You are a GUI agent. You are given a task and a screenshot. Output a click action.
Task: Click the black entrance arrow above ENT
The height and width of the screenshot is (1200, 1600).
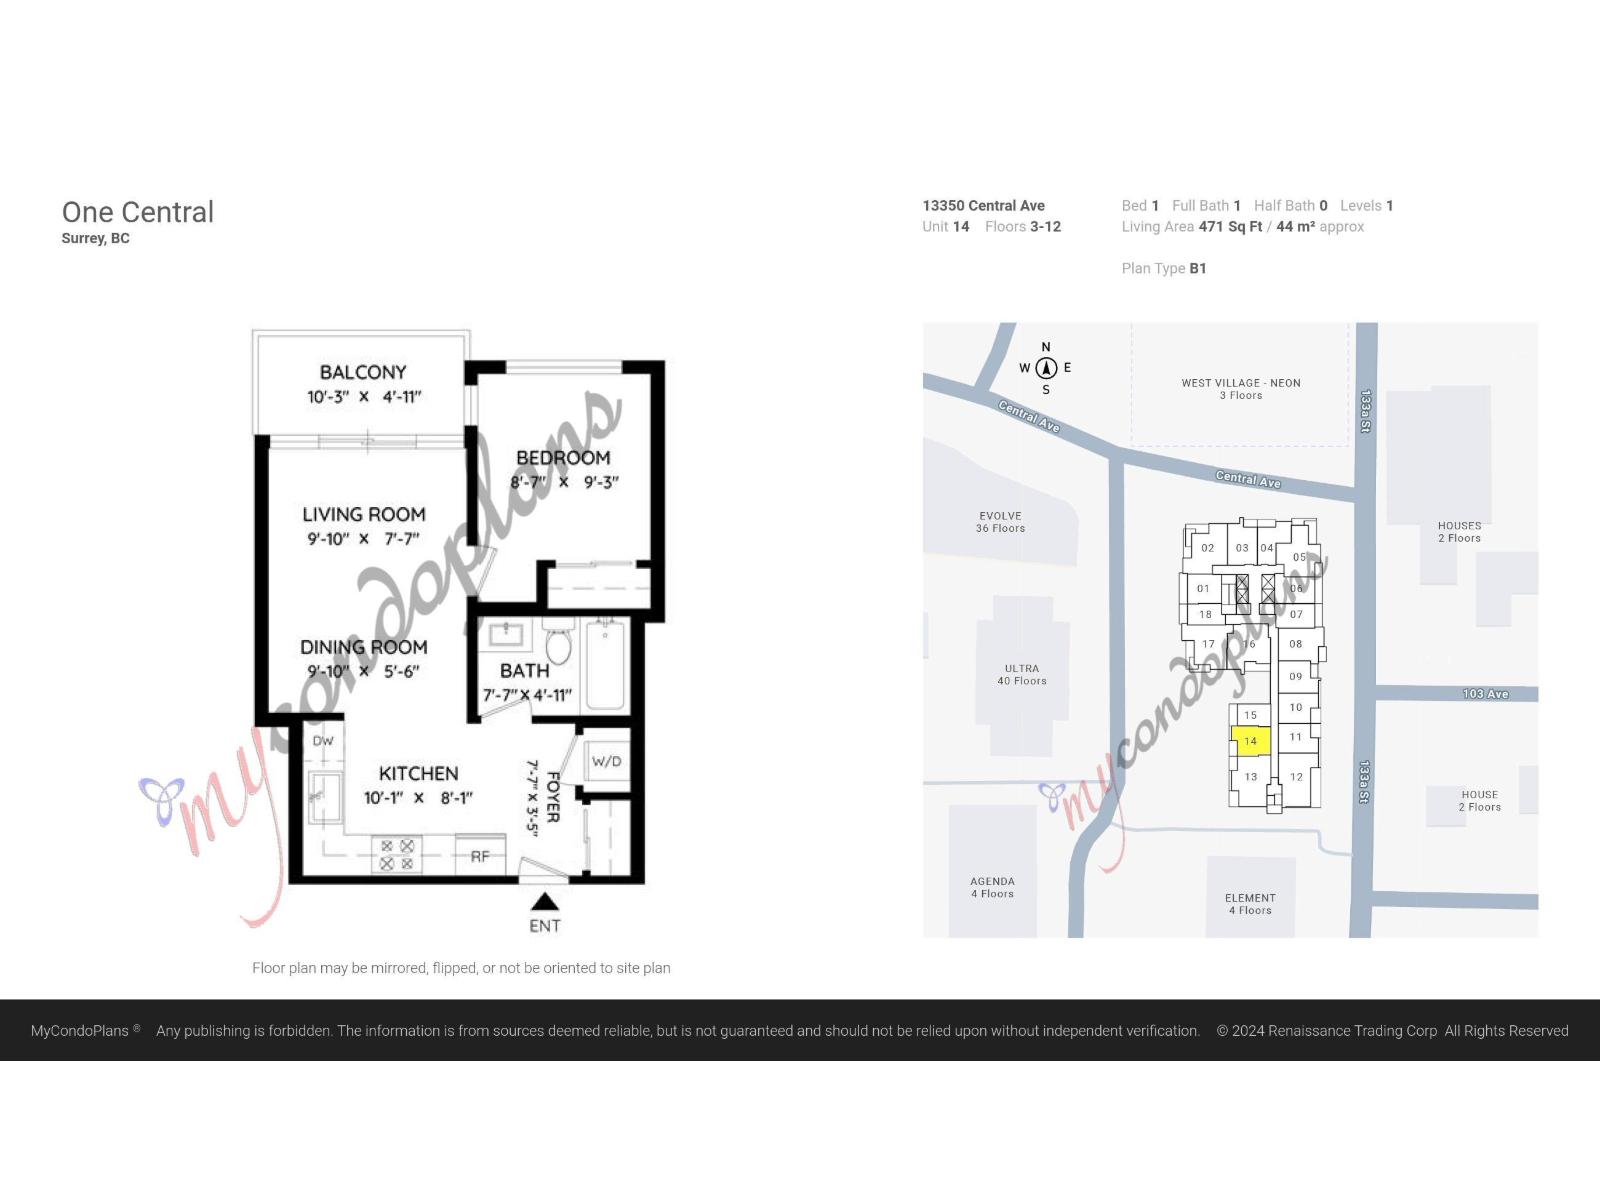pos(544,902)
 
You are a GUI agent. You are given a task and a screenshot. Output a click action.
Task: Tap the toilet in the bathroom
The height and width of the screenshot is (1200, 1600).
pos(558,645)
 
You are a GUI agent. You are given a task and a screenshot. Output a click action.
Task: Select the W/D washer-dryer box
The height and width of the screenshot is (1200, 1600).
pos(606,762)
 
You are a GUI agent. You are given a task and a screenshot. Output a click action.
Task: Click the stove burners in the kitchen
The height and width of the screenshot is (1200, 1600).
pos(397,855)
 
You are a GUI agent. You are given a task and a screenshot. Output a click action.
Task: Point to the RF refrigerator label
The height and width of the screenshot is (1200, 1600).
pos(480,856)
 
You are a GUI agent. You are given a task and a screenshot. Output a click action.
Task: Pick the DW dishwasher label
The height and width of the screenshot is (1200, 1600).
pos(323,741)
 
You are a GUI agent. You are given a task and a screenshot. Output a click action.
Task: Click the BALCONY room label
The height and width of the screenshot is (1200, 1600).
pos(363,372)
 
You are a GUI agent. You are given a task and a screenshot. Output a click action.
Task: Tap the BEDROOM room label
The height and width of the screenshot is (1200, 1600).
pos(563,458)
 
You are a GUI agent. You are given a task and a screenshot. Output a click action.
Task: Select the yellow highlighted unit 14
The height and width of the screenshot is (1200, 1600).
pos(1250,741)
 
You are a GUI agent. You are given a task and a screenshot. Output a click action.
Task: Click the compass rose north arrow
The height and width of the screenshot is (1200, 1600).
pos(1046,368)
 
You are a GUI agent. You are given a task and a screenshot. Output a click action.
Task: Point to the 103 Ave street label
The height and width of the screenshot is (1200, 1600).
pos(1485,694)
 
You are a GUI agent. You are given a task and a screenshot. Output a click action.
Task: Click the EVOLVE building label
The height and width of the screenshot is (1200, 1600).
pos(1000,516)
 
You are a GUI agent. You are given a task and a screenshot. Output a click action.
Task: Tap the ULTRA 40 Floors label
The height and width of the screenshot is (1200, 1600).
pos(1021,674)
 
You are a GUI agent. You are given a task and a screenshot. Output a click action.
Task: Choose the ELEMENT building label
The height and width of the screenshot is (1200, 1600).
pos(1250,898)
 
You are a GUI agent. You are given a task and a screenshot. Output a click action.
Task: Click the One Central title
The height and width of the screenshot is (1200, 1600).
pos(138,212)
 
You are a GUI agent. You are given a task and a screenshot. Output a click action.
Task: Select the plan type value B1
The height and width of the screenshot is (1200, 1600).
pos(1198,268)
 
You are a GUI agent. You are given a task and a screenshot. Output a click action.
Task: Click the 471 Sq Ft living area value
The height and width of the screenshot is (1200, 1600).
pos(1230,227)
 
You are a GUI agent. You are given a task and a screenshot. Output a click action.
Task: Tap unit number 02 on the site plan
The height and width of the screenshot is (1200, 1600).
pos(1207,548)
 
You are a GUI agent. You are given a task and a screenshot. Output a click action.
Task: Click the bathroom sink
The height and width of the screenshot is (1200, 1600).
pos(505,634)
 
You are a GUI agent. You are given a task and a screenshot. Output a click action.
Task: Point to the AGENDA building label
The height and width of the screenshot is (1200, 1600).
pos(992,882)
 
